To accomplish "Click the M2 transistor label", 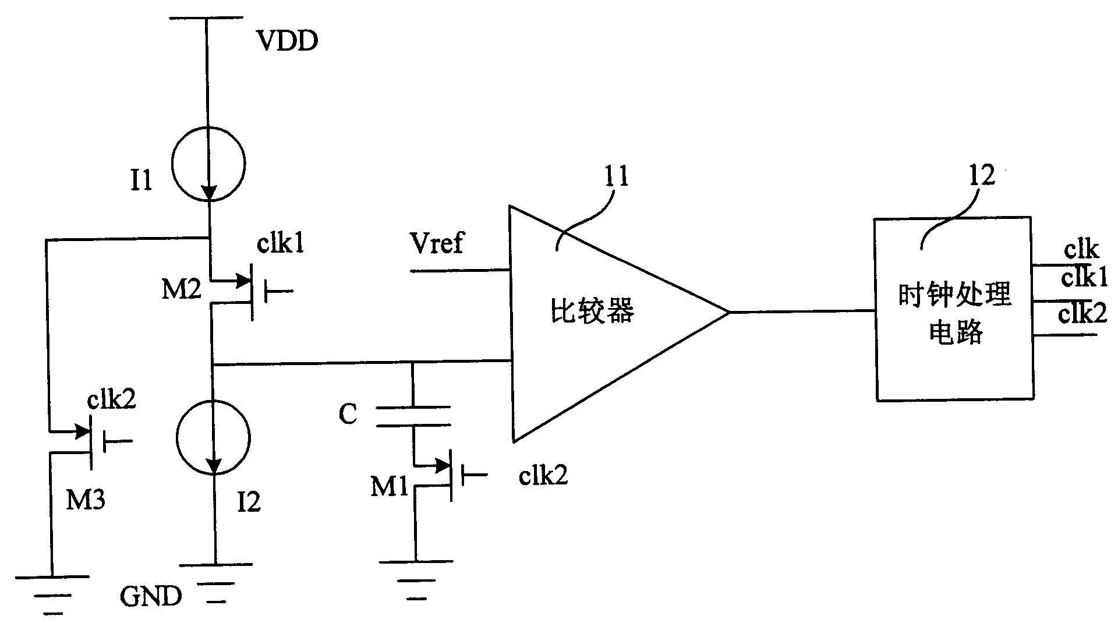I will pyautogui.click(x=181, y=289).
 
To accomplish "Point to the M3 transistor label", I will pyautogui.click(x=86, y=499).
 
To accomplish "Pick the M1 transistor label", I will pyautogui.click(x=390, y=486).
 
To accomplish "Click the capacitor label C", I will pyautogui.click(x=348, y=415).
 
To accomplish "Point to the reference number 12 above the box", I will pyautogui.click(x=982, y=175).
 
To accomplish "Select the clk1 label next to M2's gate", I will pyautogui.click(x=281, y=245).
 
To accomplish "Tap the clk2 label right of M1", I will pyautogui.click(x=543, y=476).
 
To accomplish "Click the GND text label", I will pyautogui.click(x=151, y=596).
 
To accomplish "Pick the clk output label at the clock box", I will pyautogui.click(x=1081, y=250).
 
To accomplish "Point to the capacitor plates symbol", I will pyautogui.click(x=413, y=416).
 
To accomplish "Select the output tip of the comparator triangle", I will pyautogui.click(x=728, y=313).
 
